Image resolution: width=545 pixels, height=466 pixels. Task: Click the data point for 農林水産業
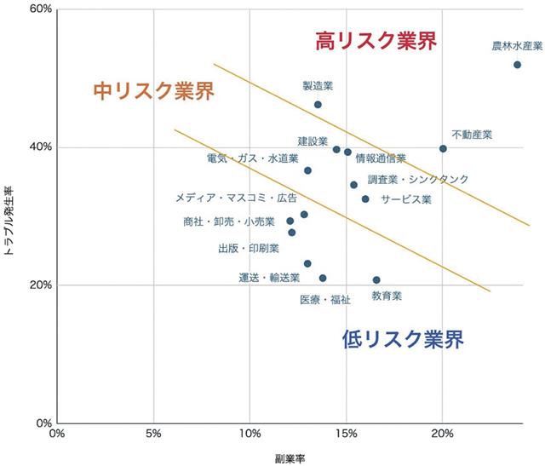517,65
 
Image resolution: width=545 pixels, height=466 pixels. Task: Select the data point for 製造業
318,105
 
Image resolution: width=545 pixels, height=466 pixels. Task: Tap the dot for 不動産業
443,148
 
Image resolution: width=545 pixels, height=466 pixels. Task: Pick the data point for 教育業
376,279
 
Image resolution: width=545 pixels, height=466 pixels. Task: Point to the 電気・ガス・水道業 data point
307,170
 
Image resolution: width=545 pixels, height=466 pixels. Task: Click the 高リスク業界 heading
376,41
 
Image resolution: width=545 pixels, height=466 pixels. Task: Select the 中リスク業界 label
153,89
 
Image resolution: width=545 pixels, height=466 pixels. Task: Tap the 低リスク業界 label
403,339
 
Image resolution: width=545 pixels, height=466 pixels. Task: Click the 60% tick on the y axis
40,9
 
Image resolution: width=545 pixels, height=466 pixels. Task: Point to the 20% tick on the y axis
40,285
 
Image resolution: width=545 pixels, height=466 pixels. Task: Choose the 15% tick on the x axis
346,434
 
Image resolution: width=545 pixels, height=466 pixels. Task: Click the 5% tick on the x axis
154,434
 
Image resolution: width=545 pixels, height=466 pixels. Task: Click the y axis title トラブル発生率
11,216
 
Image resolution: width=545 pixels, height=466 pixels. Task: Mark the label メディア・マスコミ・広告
236,198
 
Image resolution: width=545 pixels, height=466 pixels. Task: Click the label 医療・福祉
325,300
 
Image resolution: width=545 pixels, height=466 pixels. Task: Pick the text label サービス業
405,199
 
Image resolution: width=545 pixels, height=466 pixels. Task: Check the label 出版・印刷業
249,249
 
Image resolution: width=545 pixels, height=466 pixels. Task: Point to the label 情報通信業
381,158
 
